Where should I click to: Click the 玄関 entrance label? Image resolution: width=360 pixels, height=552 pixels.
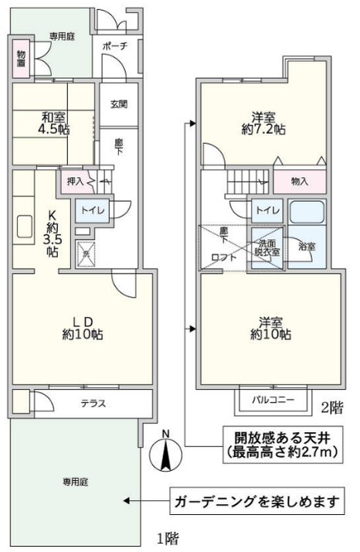(119, 104)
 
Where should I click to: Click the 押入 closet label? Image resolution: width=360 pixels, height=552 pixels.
(75, 182)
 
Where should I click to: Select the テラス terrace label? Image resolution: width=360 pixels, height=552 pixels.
(93, 403)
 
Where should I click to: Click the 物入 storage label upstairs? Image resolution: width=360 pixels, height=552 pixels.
(300, 181)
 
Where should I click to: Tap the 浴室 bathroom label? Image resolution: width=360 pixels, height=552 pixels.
(306, 246)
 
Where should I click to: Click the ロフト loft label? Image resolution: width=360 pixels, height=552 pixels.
(223, 258)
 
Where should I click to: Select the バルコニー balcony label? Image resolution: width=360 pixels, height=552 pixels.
(274, 400)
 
